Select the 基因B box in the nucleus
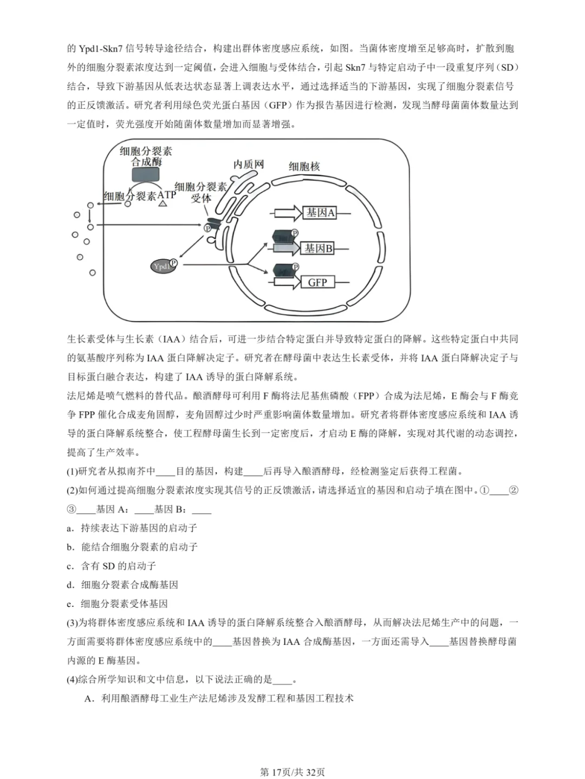point(318,248)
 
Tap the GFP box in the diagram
point(317,282)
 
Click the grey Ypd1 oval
point(162,266)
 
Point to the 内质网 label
point(249,164)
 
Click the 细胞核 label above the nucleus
point(304,166)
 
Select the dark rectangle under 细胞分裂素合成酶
point(146,174)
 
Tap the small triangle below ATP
point(162,204)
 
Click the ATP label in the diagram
point(167,194)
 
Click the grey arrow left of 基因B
point(287,248)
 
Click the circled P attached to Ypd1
point(173,263)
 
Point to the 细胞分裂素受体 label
point(201,192)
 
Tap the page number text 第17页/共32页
point(292,772)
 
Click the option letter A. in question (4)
point(90,698)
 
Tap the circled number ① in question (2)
point(484,490)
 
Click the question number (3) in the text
point(73,623)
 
